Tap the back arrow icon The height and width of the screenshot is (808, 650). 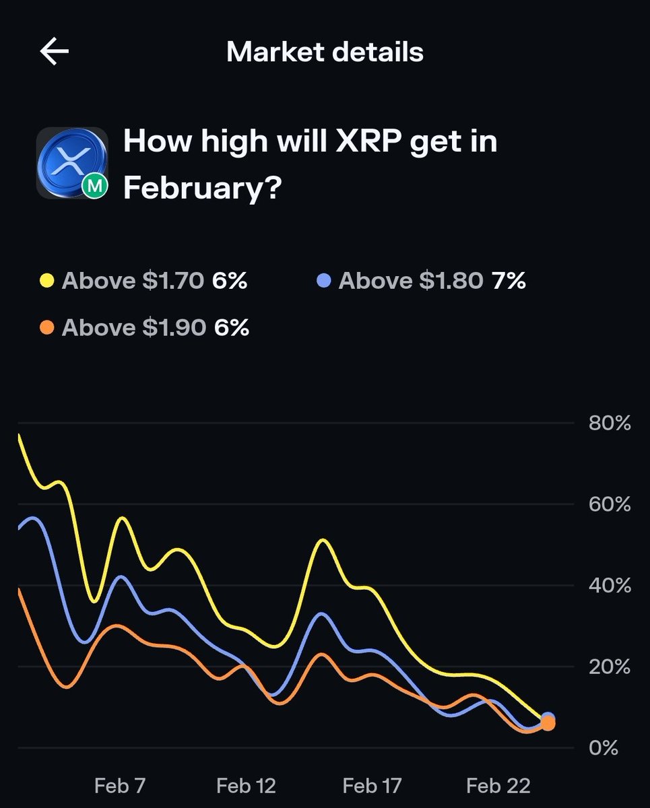(55, 52)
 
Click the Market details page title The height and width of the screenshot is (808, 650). (325, 52)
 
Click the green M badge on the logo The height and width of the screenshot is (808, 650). (95, 187)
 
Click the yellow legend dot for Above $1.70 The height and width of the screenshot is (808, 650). (46, 280)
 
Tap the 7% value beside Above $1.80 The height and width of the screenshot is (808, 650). (508, 280)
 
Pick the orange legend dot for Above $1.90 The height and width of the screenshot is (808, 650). (46, 327)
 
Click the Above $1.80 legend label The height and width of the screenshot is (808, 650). (410, 280)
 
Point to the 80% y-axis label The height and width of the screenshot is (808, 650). (609, 424)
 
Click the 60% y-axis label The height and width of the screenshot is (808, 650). (609, 504)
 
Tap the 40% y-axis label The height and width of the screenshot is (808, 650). (609, 585)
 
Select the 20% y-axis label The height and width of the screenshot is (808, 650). (609, 667)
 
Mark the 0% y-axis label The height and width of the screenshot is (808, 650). (603, 747)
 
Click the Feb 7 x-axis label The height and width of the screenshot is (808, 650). (120, 785)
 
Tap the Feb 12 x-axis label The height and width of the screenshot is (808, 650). (246, 785)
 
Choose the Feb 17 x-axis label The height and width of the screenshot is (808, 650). (372, 785)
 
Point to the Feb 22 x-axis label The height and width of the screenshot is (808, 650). (498, 785)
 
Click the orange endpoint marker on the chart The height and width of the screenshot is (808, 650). (548, 723)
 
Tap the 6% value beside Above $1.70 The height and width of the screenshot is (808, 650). (230, 280)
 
